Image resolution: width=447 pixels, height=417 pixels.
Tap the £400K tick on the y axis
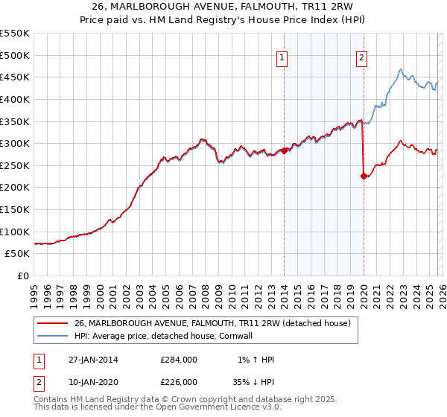click(x=15, y=99)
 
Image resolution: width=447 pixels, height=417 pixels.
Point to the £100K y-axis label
click(x=15, y=232)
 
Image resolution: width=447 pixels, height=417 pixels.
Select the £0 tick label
click(x=23, y=276)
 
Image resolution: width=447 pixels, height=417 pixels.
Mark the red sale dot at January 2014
click(x=285, y=150)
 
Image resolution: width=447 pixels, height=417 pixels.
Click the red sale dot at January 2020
click(x=364, y=176)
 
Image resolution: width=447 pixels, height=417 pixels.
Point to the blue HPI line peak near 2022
click(x=400, y=70)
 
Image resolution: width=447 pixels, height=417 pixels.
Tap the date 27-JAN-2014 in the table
click(x=93, y=360)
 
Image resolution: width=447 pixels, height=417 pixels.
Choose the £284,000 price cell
click(x=179, y=360)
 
